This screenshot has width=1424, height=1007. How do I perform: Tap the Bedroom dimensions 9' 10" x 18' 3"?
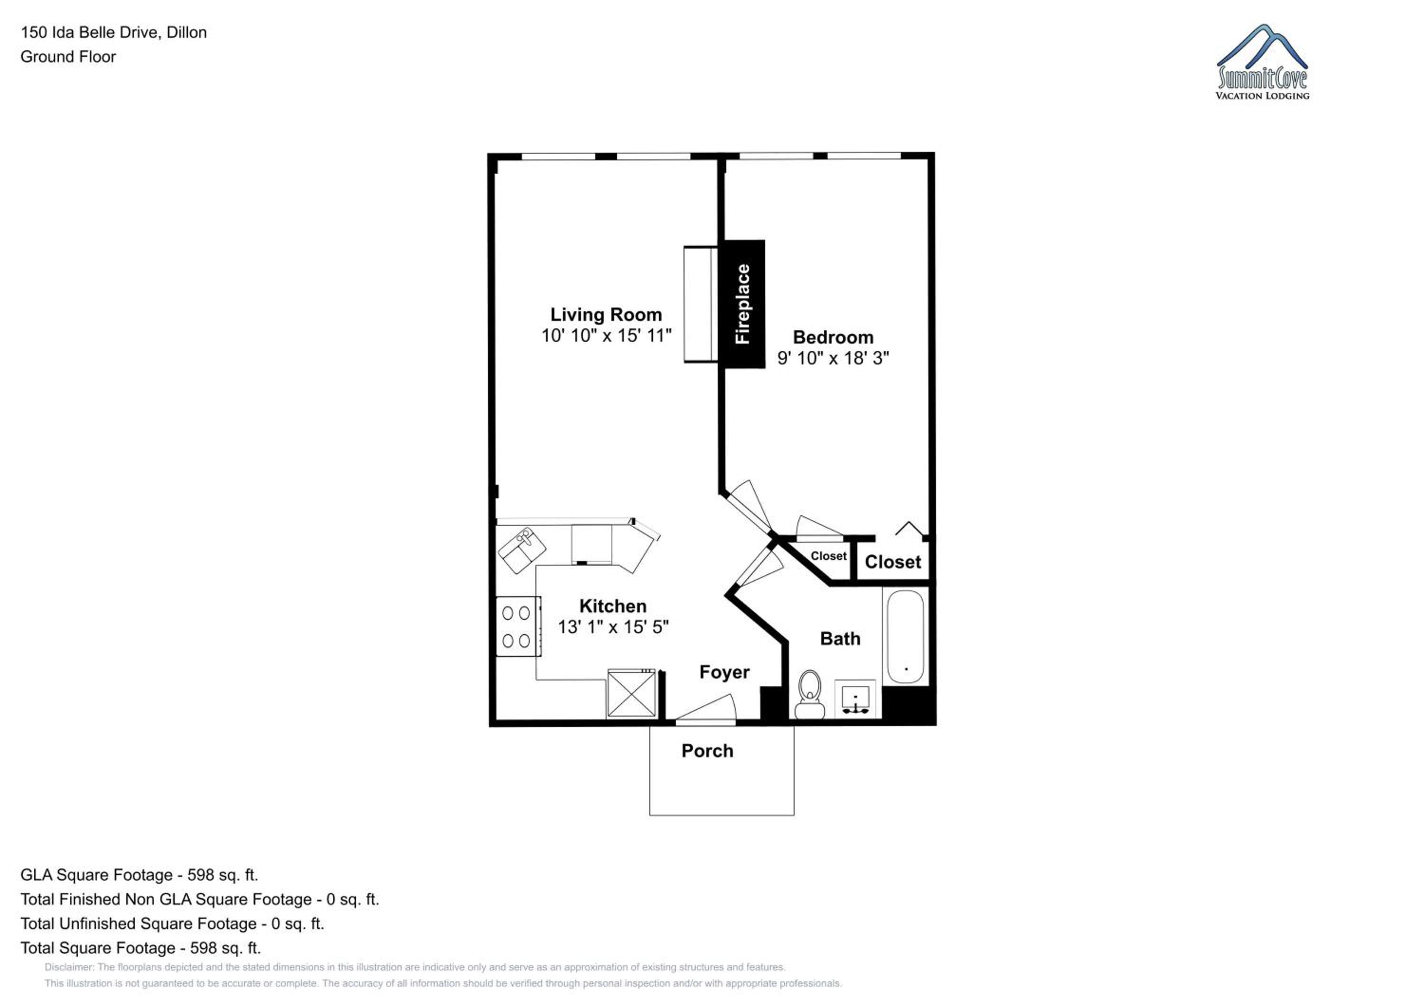[x=833, y=358]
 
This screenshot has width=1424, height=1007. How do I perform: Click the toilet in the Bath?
[x=809, y=694]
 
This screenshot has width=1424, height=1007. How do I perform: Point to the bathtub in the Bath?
[x=906, y=637]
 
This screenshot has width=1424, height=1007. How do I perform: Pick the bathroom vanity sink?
[x=855, y=699]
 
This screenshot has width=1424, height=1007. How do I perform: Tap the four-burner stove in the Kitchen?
[x=518, y=626]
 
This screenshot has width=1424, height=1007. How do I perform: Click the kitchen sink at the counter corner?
[x=522, y=550]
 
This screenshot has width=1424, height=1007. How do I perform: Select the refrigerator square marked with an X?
[x=631, y=693]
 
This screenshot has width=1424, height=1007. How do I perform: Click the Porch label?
[x=707, y=751]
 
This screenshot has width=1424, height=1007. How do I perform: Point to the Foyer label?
[x=724, y=672]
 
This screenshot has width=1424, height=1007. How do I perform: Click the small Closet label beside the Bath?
[x=829, y=556]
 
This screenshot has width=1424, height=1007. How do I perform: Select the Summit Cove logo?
[x=1262, y=62]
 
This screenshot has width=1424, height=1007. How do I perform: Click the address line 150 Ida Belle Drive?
[x=113, y=32]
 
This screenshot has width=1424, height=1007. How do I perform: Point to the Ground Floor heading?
[x=68, y=56]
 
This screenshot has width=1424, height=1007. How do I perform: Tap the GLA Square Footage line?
[x=139, y=875]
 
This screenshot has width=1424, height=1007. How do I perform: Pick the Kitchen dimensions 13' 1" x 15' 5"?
[x=613, y=627]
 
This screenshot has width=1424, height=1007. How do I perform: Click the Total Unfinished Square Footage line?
[x=172, y=923]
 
